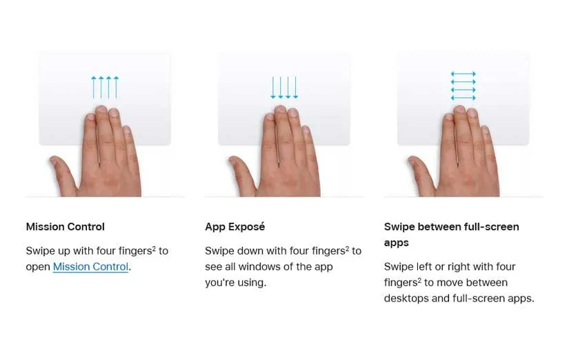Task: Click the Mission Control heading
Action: click(x=65, y=227)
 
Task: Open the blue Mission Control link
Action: click(x=90, y=267)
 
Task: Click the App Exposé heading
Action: click(x=235, y=227)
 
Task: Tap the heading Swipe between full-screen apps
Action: click(x=451, y=234)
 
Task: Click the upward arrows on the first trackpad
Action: click(x=105, y=87)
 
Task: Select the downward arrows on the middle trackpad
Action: click(x=284, y=87)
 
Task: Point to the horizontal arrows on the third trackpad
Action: click(x=464, y=86)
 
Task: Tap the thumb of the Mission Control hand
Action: click(x=61, y=170)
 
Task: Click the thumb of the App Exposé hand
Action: click(x=241, y=170)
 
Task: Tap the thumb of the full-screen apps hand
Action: click(x=420, y=170)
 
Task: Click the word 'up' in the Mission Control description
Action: click(x=64, y=251)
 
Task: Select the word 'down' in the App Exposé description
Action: click(x=250, y=251)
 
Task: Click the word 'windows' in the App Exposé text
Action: click(x=257, y=267)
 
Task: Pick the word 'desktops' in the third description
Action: click(x=406, y=299)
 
